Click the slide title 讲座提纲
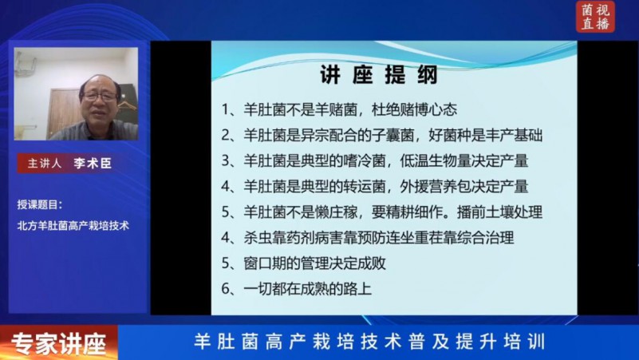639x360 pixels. (379, 74)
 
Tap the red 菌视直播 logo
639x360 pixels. (595, 16)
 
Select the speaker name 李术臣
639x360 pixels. (93, 163)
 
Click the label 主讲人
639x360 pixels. (45, 164)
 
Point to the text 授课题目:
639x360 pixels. (40, 204)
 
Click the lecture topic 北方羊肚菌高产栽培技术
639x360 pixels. (73, 225)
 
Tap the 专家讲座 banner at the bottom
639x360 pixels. (59, 343)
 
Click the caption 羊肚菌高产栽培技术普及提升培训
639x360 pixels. (369, 342)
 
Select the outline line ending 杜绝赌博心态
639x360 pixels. (339, 109)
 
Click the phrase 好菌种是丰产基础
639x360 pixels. (485, 135)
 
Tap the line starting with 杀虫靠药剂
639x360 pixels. (368, 237)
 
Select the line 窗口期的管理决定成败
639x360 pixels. (304, 263)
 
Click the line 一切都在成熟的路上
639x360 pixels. (296, 289)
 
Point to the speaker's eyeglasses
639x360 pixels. (99, 97)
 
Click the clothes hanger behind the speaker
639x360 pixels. (126, 105)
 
